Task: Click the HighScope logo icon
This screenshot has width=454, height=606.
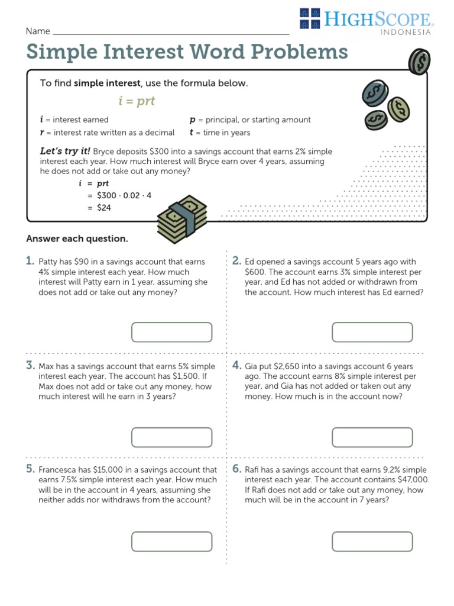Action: coord(310,18)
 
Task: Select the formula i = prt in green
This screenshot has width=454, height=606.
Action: coord(137,101)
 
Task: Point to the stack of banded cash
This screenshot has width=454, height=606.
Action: coord(182,218)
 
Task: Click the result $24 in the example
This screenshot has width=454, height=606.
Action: coord(104,208)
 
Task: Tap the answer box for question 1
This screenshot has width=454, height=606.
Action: coord(171,332)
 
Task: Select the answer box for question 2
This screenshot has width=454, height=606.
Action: coord(372,332)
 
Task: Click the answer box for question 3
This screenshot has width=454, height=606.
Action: coord(171,437)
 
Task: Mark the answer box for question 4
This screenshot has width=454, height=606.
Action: coord(372,437)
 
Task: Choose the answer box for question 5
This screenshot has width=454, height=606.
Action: coord(171,541)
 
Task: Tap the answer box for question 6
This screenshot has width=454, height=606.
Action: coord(372,541)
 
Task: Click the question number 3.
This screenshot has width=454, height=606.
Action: coord(30,366)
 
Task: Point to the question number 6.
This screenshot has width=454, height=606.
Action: coord(236,469)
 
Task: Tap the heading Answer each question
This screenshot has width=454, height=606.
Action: coord(77,239)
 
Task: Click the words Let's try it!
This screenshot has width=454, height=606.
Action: coord(65,151)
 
